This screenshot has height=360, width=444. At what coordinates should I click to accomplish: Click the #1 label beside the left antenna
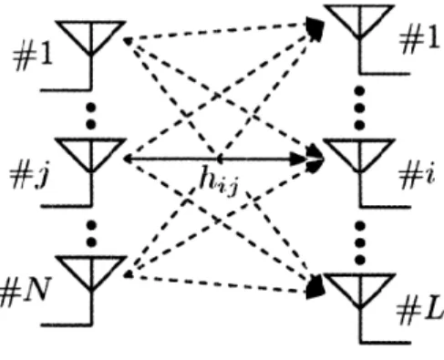33,58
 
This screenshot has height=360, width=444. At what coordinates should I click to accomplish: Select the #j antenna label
29,176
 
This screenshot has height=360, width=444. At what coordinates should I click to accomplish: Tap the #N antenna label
25,292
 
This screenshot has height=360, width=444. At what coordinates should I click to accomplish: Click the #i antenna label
417,175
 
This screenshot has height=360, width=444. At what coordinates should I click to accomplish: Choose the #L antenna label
420,312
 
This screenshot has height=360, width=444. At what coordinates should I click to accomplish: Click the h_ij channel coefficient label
219,180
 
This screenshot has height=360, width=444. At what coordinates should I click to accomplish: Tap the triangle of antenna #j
91,156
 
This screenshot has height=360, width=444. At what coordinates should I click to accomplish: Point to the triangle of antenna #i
359,156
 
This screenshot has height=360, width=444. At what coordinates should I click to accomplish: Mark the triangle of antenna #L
360,291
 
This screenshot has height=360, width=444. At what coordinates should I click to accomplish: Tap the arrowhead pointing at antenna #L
315,287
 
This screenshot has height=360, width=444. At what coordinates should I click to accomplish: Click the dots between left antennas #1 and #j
91,116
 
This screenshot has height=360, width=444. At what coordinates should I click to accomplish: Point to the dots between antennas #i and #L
360,242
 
